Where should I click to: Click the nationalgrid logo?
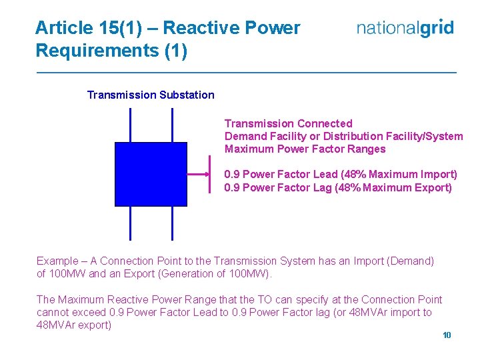(x=405, y=28)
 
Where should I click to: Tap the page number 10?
(x=447, y=335)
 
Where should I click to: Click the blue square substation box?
(x=151, y=174)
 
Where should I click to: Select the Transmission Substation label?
(x=151, y=95)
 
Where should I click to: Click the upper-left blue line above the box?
(x=130, y=125)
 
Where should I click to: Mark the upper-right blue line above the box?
(x=172, y=125)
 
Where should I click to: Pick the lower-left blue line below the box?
(x=130, y=223)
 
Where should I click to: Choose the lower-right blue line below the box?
(x=172, y=223)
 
